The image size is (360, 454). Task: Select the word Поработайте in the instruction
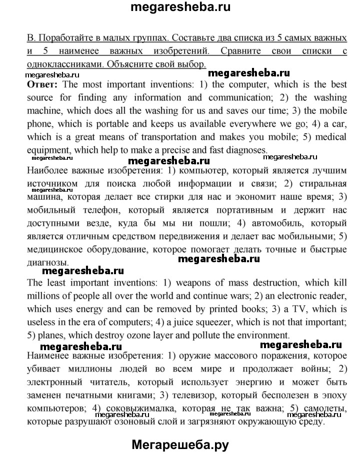point(66,38)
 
